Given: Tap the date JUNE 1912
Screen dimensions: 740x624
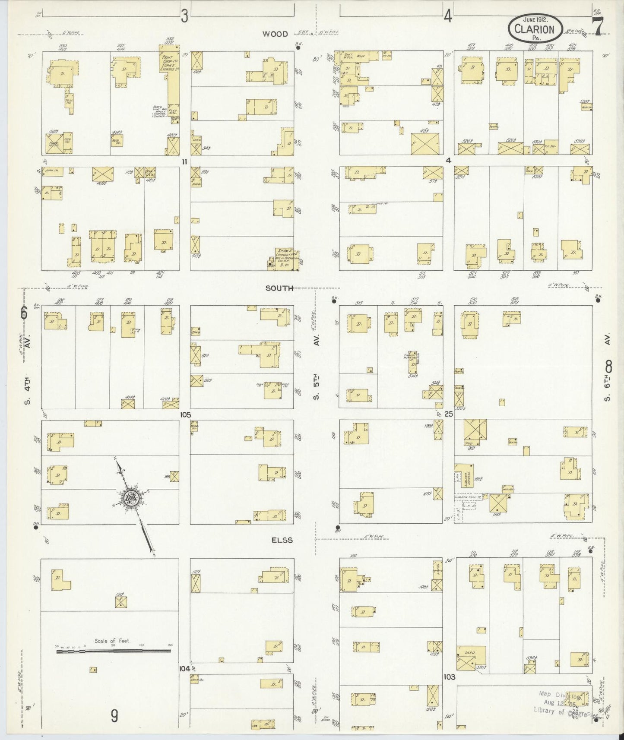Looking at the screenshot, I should pos(535,19).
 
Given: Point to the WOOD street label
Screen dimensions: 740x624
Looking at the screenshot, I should pos(276,34).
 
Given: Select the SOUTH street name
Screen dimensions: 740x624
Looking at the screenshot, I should pos(279,288).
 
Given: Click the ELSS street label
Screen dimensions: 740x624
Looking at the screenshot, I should pos(282,540).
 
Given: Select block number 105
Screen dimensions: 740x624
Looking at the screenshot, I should pos(186,414).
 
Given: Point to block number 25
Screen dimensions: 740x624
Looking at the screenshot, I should pos(449,414).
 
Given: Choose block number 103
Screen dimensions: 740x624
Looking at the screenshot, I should pos(449,677).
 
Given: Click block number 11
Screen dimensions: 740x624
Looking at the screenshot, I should pos(185,161).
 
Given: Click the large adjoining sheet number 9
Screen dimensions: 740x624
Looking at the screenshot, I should pos(114,717).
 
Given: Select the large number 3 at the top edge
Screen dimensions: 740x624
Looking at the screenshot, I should pos(185,16).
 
